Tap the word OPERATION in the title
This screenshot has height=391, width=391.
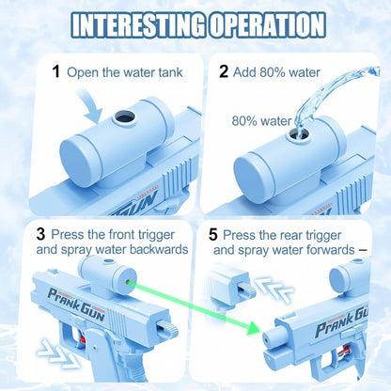(x=273, y=23)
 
